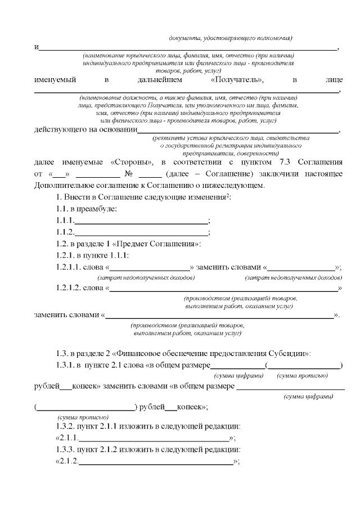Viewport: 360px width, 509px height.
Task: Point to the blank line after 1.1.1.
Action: coord(141,221)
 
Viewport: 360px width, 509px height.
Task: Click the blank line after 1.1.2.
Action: coord(141,233)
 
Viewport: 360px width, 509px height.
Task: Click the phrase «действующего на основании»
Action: coord(86,130)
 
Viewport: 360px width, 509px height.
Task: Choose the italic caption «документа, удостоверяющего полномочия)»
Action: coord(231,38)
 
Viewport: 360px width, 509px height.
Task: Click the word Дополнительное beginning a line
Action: coord(63,185)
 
